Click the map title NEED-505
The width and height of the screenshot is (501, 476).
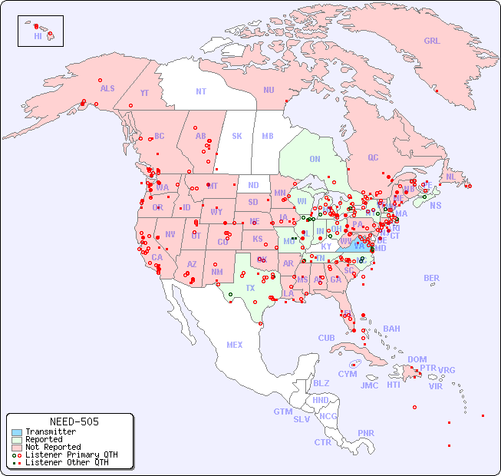74,421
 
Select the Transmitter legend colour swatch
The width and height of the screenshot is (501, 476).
16,432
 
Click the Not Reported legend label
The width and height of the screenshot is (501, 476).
53,447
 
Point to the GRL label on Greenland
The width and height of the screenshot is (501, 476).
432,41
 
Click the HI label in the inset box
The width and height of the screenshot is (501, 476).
38,36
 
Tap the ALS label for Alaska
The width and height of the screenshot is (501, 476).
107,88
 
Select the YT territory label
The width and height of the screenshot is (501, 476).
144,93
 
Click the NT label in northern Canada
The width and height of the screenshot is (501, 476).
201,91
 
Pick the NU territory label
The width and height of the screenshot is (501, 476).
269,90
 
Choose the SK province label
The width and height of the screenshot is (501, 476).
237,137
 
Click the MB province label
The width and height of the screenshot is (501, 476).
268,137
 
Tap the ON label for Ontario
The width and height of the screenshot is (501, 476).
315,160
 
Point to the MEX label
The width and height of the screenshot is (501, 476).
235,345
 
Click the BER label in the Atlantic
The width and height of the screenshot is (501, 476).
432,278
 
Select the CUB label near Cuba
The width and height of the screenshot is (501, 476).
327,338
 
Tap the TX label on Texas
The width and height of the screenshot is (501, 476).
250,289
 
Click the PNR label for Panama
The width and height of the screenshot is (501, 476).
366,433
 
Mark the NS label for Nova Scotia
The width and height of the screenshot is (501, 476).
436,205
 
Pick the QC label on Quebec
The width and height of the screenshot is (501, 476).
373,158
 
